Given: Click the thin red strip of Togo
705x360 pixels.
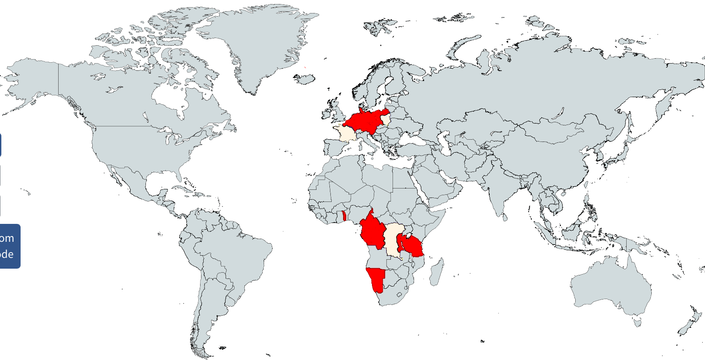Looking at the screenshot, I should (x=343, y=216).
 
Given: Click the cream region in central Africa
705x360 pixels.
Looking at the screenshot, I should (x=393, y=240).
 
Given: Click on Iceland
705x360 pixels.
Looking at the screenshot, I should (x=305, y=79).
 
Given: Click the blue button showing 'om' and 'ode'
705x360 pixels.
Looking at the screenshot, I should (x=9, y=246).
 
